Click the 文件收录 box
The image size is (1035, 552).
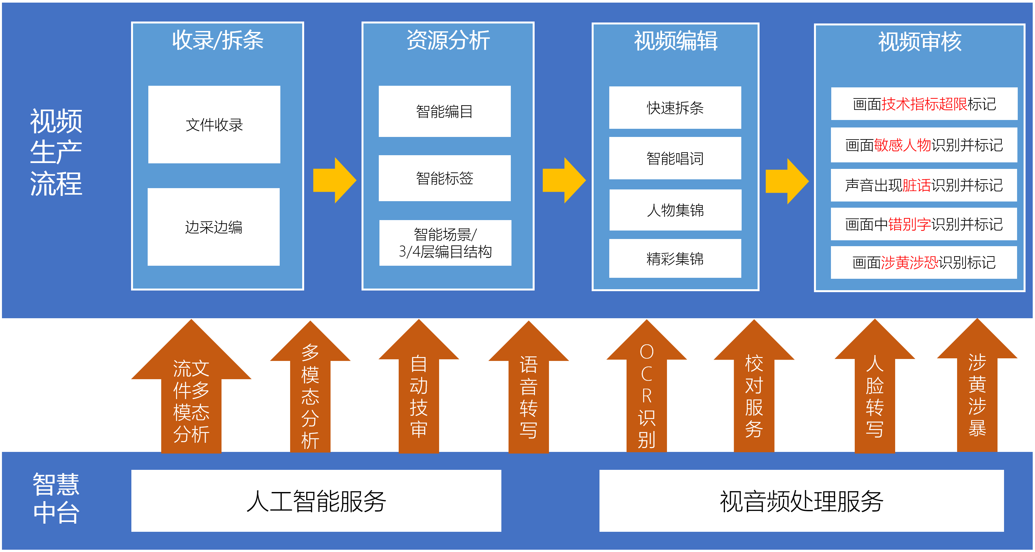tap(214, 125)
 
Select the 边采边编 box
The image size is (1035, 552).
tap(213, 227)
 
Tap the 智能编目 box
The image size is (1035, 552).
tap(444, 111)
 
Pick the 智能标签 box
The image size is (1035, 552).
tap(444, 178)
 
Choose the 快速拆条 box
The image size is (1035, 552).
tap(675, 108)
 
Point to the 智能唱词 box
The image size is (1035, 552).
tap(675, 158)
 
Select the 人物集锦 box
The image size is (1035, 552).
tap(675, 210)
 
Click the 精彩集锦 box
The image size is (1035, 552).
tap(675, 258)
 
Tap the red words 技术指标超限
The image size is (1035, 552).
tap(924, 104)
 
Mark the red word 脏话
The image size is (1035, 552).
tap(916, 185)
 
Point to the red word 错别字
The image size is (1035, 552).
tap(909, 224)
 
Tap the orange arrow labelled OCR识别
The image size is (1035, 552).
tap(646, 394)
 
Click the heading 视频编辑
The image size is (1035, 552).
tap(675, 41)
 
